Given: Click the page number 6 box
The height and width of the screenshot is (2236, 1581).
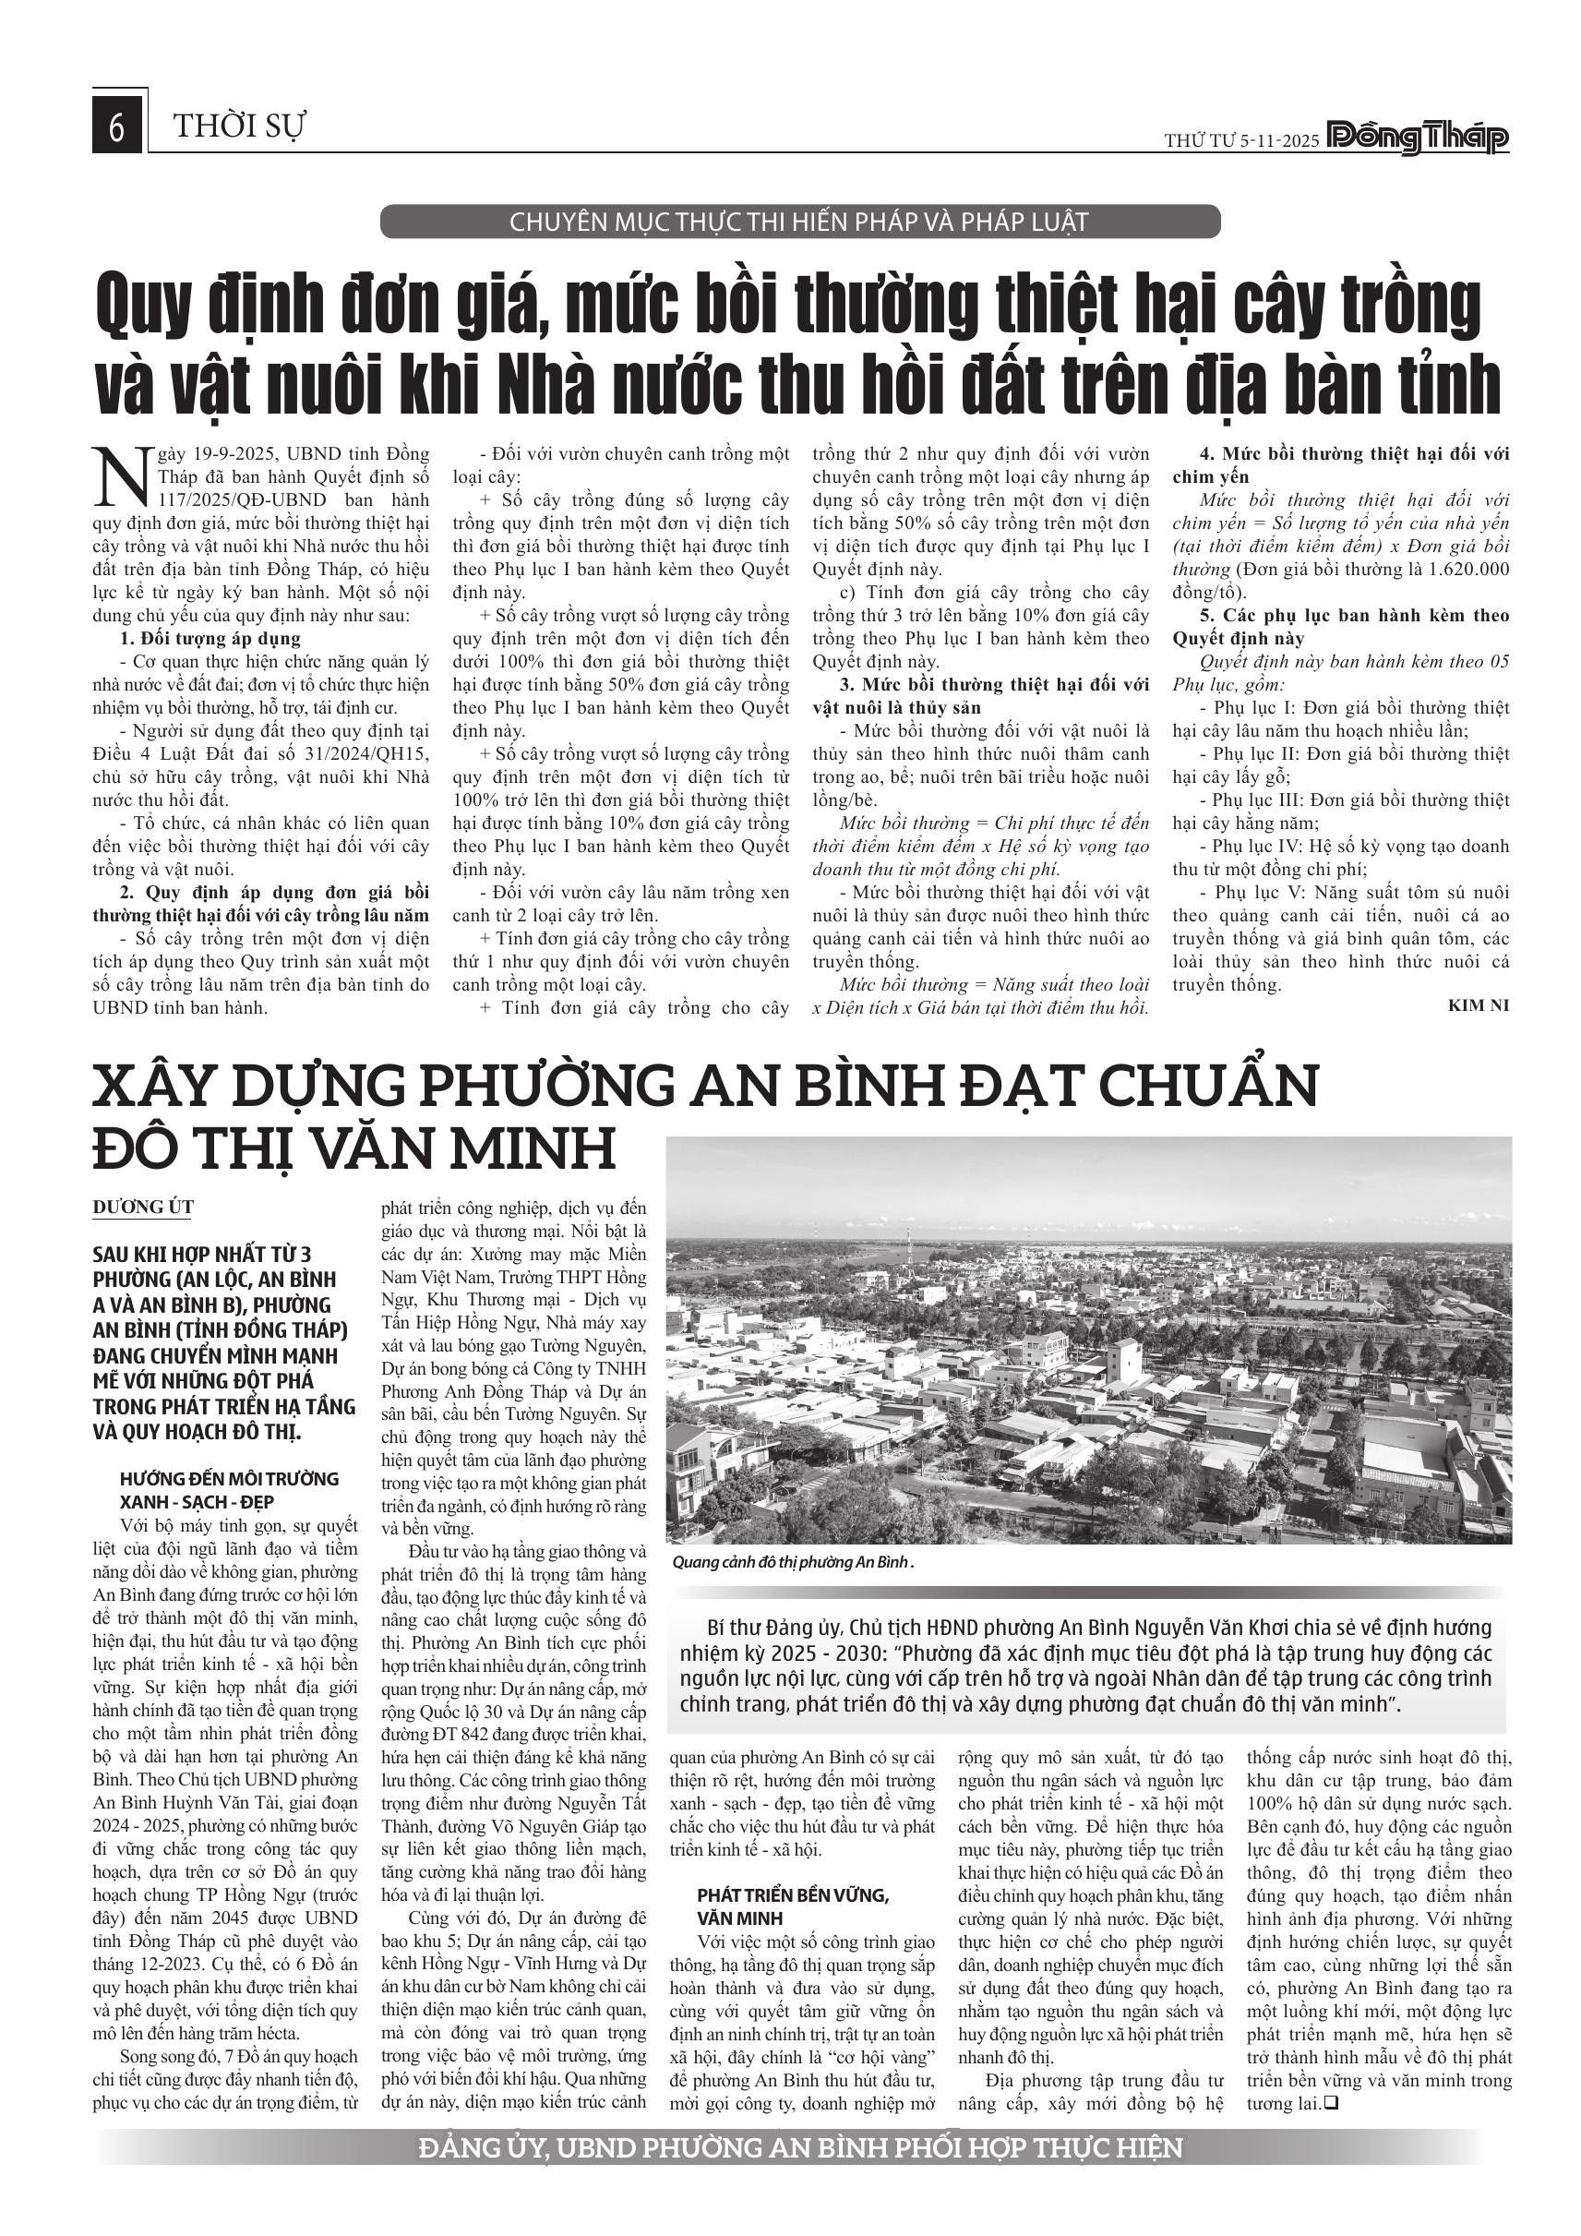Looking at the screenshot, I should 117,127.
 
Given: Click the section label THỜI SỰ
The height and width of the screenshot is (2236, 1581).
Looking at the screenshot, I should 239,126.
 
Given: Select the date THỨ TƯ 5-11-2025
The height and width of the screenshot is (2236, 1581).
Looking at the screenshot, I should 1241,140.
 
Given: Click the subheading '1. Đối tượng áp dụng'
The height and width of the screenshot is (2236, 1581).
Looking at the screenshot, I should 210,639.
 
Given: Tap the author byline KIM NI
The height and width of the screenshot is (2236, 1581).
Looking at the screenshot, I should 1478,1005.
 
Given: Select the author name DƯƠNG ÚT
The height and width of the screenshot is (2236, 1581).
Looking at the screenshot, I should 143,1207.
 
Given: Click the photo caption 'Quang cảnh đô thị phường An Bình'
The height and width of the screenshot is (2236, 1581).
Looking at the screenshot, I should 794,1562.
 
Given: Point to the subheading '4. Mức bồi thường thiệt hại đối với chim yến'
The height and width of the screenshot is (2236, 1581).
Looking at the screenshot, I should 1340,465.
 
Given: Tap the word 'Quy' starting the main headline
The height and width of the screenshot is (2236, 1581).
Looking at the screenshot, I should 142,305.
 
